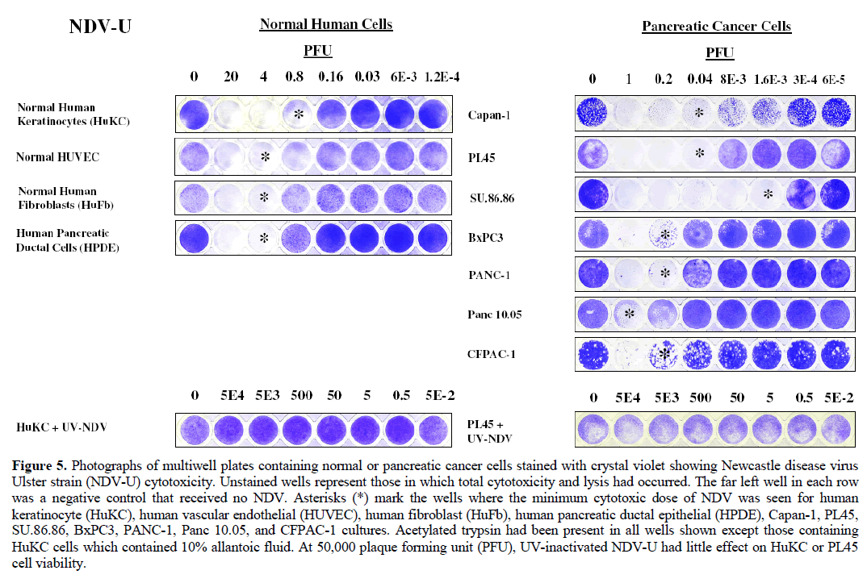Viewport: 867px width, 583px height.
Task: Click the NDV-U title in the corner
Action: pyautogui.click(x=100, y=27)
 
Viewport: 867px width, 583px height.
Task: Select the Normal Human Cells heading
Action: pyautogui.click(x=325, y=24)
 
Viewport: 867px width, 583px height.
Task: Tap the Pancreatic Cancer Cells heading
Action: pyautogui.click(x=716, y=27)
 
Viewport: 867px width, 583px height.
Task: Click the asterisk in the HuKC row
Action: pyautogui.click(x=298, y=115)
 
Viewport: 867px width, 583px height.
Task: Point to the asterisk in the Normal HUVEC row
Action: pyautogui.click(x=264, y=157)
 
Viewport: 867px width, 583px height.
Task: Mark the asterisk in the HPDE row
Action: pyautogui.click(x=264, y=238)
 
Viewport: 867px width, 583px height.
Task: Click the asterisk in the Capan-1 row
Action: pyautogui.click(x=700, y=114)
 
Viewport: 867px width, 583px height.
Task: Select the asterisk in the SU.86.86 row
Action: pyautogui.click(x=769, y=194)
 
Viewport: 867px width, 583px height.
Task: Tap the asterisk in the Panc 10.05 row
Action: pyautogui.click(x=630, y=313)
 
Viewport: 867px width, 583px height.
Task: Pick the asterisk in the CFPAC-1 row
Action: pyautogui.click(x=665, y=353)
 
